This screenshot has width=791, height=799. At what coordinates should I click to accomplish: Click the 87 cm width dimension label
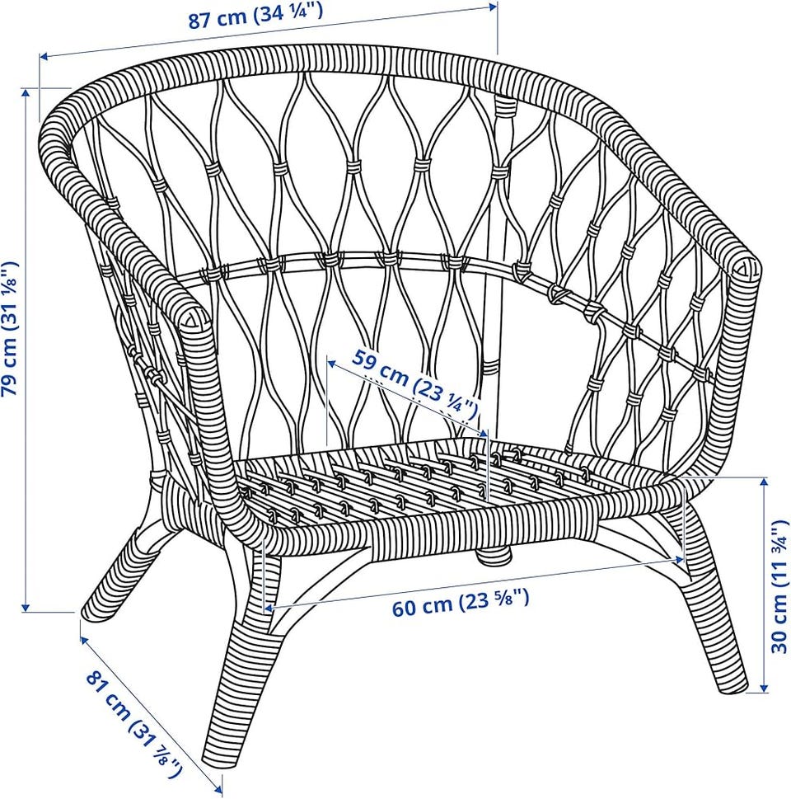click(255, 16)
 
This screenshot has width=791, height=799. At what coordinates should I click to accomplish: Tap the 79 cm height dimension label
click(12, 328)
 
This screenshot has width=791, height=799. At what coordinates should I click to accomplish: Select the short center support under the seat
click(492, 555)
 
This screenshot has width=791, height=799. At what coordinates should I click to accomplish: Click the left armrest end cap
click(194, 318)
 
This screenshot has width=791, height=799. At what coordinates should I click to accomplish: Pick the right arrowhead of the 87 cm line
click(492, 7)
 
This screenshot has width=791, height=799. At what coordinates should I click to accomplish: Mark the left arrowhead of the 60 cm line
click(269, 608)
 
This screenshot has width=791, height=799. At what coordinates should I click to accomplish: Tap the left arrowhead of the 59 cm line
click(331, 363)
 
